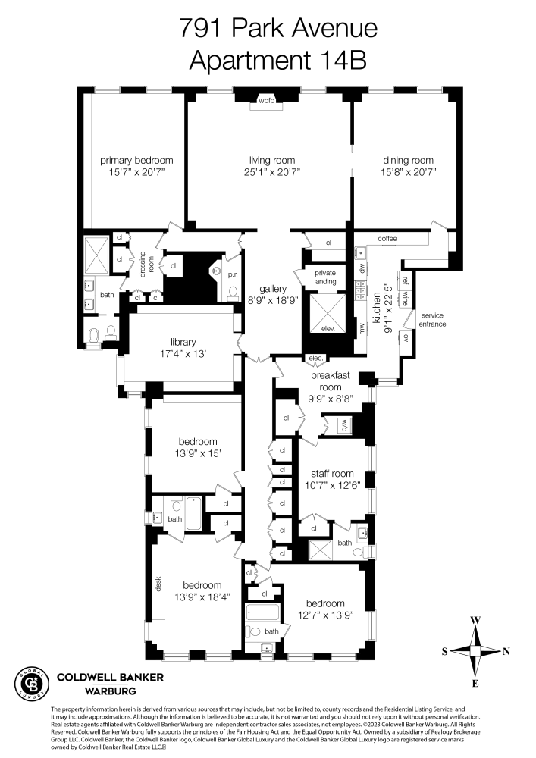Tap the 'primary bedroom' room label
point(137,160)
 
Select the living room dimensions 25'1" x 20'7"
point(272,173)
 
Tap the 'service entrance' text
point(434,319)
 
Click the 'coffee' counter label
point(387,239)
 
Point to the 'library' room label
point(183,342)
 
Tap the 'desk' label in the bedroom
point(160,586)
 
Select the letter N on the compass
point(506,651)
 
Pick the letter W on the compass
point(475,620)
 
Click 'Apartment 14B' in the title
point(277,60)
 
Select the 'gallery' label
point(271,290)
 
